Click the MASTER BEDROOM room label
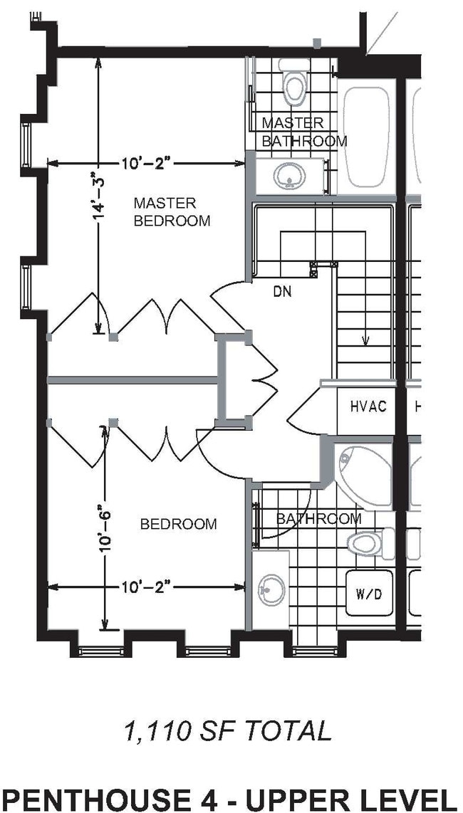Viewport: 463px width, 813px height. (x=172, y=212)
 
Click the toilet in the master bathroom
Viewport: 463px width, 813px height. (x=293, y=83)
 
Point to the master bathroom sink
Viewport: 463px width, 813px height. (x=289, y=176)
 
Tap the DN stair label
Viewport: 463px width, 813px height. (x=282, y=292)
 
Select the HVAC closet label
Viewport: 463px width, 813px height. (x=368, y=407)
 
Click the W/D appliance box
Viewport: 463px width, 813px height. (x=368, y=592)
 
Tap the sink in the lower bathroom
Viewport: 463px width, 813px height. (x=271, y=590)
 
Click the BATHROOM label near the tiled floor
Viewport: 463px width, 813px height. (x=318, y=519)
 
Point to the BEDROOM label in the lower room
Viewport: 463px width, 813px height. (x=178, y=525)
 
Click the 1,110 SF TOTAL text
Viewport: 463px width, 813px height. (x=228, y=730)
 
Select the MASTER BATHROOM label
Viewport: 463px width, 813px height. (x=304, y=132)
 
